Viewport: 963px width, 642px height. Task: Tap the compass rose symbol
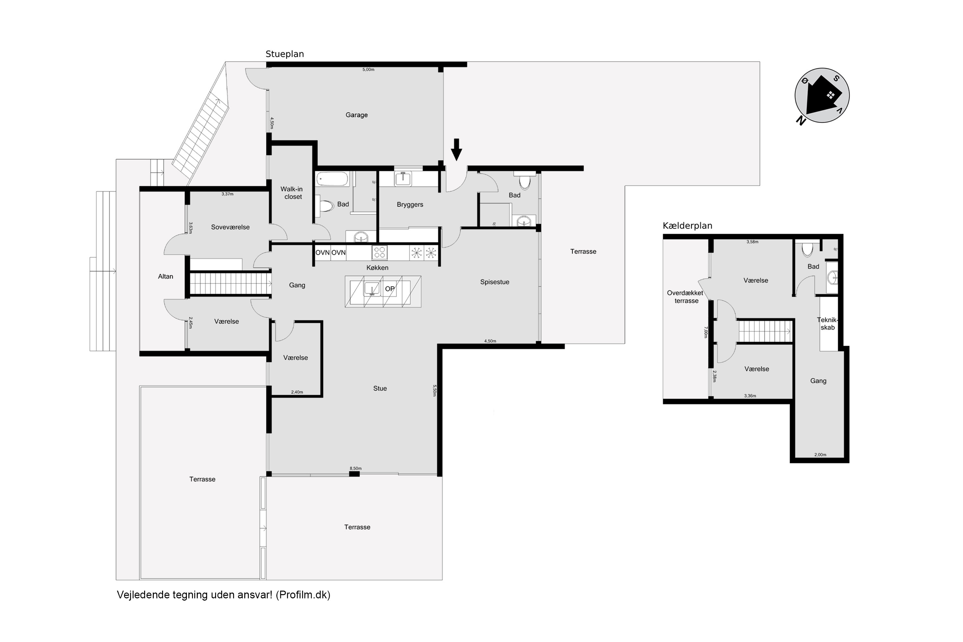tap(822, 96)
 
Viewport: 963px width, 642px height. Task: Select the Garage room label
tap(356, 115)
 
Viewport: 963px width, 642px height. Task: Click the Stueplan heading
tap(284, 54)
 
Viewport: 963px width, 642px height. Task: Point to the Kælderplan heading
tap(688, 226)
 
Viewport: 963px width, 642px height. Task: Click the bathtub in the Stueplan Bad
tap(333, 179)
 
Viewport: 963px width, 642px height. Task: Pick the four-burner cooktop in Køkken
tap(379, 253)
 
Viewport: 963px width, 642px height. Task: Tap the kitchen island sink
tap(372, 289)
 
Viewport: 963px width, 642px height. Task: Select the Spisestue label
tap(495, 282)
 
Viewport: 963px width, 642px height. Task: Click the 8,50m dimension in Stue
tap(355, 468)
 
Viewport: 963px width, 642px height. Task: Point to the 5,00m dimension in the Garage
tap(368, 70)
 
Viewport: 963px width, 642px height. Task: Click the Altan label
tap(165, 277)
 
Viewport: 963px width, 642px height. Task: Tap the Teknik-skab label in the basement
tap(828, 324)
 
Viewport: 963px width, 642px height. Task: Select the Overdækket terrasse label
tap(685, 297)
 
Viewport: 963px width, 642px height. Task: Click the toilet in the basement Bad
tap(807, 249)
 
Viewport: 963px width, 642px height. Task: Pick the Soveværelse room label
tap(230, 227)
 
